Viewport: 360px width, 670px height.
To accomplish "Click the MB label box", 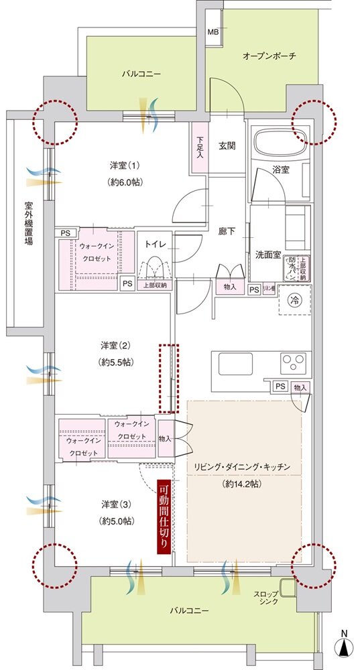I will tap(213, 32).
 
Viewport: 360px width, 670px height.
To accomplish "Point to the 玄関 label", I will tap(227, 145).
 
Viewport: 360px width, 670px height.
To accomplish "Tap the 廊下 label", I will tap(227, 231).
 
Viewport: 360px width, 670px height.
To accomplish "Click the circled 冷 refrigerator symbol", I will tap(294, 301).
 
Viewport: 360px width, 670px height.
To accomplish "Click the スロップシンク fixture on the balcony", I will tap(287, 587).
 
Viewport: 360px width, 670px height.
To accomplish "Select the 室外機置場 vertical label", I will tap(29, 224).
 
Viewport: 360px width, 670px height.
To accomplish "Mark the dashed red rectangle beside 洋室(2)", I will tap(169, 378).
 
